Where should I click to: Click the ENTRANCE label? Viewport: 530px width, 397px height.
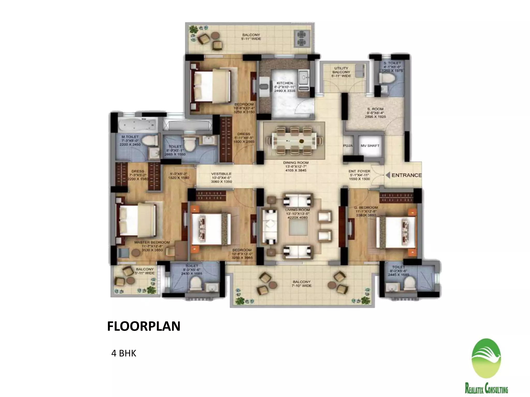pos(406,175)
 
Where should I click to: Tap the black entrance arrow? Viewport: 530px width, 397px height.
pos(388,175)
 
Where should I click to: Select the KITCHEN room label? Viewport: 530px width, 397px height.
pos(285,83)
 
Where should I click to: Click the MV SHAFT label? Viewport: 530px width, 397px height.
pos(370,146)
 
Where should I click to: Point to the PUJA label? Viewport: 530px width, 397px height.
pos(348,146)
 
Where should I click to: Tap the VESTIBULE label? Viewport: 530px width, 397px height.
pos(221,174)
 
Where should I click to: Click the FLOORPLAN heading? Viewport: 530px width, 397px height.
pos(144,326)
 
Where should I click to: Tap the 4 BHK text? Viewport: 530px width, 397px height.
pos(124,353)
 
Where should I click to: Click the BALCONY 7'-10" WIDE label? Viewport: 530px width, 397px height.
pos(302,284)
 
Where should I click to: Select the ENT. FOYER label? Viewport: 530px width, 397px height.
pos(359,171)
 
